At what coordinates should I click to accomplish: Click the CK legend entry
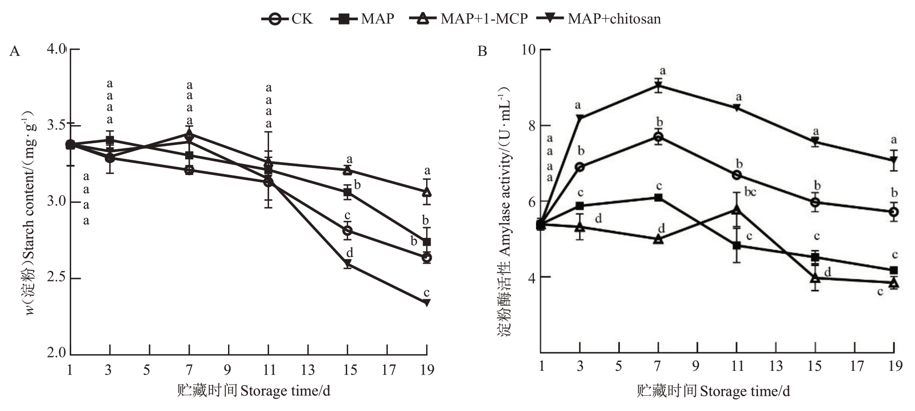(x=287, y=19)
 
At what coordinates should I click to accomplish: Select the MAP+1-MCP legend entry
(x=469, y=19)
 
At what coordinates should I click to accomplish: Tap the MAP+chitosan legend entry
(x=599, y=19)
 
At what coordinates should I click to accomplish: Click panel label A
(x=15, y=51)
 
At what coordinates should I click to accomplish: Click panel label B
(x=482, y=51)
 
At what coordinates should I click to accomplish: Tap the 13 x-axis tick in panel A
(x=308, y=370)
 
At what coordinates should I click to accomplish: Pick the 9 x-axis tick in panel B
(x=695, y=366)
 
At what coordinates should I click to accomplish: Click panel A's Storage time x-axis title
(x=254, y=391)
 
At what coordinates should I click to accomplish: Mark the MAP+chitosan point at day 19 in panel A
(x=427, y=303)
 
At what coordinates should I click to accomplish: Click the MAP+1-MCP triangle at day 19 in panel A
(x=427, y=192)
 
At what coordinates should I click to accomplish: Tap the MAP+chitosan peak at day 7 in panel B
(x=658, y=85)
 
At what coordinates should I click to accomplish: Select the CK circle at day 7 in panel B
(x=658, y=137)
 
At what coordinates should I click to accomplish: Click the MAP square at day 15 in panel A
(x=348, y=193)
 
